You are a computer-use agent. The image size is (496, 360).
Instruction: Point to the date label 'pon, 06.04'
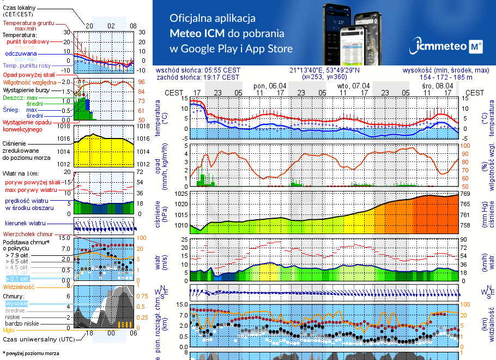(270, 86)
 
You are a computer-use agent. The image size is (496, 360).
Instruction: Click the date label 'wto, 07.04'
(353, 86)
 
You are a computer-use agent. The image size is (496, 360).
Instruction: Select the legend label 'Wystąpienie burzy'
(26, 89)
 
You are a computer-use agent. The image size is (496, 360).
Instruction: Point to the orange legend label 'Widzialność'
(19, 286)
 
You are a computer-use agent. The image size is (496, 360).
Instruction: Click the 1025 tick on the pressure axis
(181, 194)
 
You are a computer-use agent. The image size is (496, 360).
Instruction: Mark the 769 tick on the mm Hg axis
(465, 194)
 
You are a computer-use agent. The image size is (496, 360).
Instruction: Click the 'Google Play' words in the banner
(209, 49)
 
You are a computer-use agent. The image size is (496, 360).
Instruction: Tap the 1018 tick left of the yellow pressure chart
(63, 126)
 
